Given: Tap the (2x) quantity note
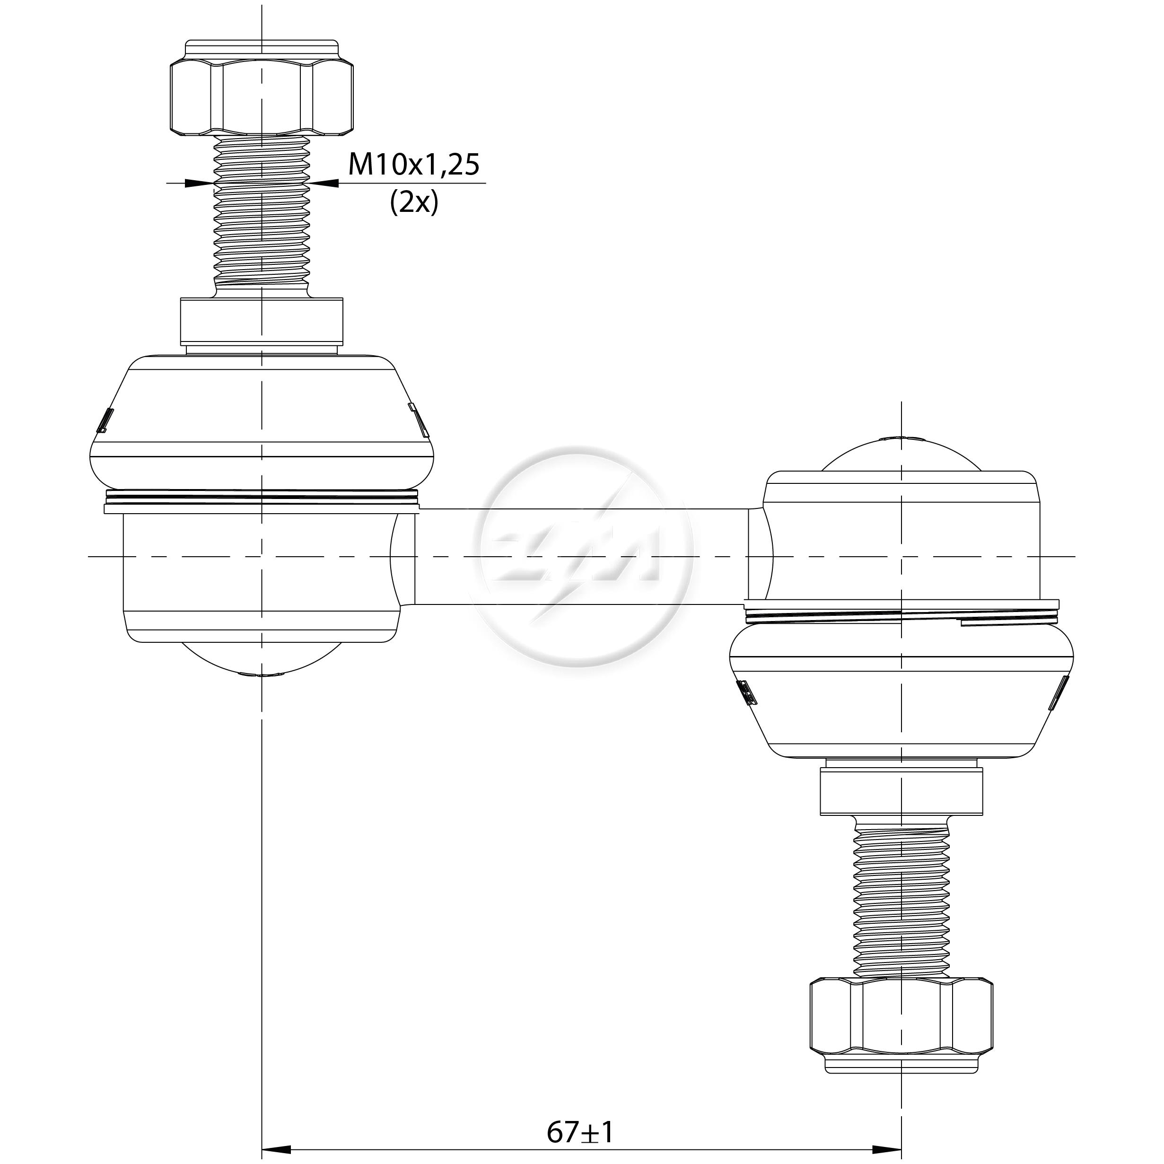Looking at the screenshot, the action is (414, 202).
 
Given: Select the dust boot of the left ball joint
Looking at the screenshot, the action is (262, 422).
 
